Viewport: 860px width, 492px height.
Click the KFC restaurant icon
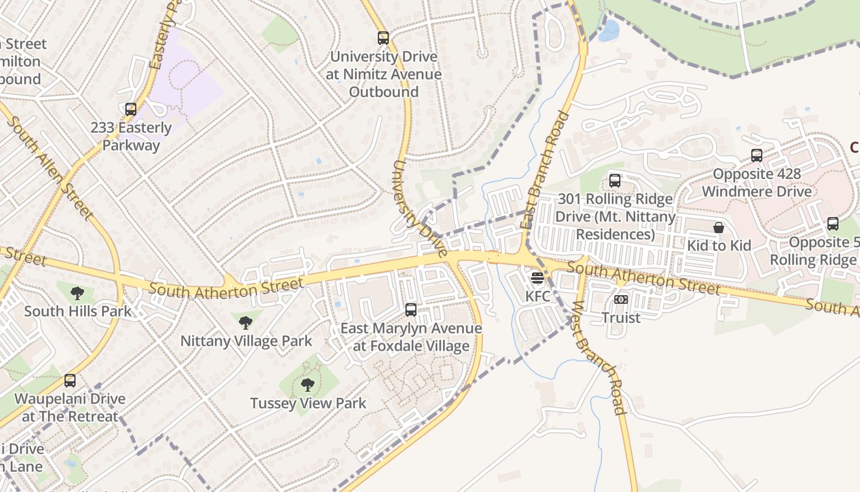(x=537, y=278)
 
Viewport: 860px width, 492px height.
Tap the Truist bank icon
(x=620, y=300)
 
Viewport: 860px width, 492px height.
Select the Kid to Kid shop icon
(x=719, y=228)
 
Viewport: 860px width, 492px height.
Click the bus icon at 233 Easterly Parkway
(x=130, y=109)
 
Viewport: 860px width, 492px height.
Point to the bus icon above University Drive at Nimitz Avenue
(x=383, y=38)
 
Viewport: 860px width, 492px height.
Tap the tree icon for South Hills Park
(x=77, y=293)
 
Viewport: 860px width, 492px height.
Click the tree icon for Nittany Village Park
(x=246, y=322)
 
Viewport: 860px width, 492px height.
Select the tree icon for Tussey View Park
(x=308, y=386)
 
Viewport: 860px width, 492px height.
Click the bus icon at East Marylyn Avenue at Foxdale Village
(x=411, y=310)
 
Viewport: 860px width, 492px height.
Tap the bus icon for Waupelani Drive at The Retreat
(x=70, y=381)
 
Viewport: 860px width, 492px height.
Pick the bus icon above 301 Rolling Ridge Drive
(x=614, y=181)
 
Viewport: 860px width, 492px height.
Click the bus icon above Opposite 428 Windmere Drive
(x=756, y=156)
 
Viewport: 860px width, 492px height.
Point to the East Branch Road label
(x=544, y=170)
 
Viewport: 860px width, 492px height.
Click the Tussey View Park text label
(x=308, y=403)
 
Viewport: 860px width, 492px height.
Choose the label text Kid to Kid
(x=719, y=245)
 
